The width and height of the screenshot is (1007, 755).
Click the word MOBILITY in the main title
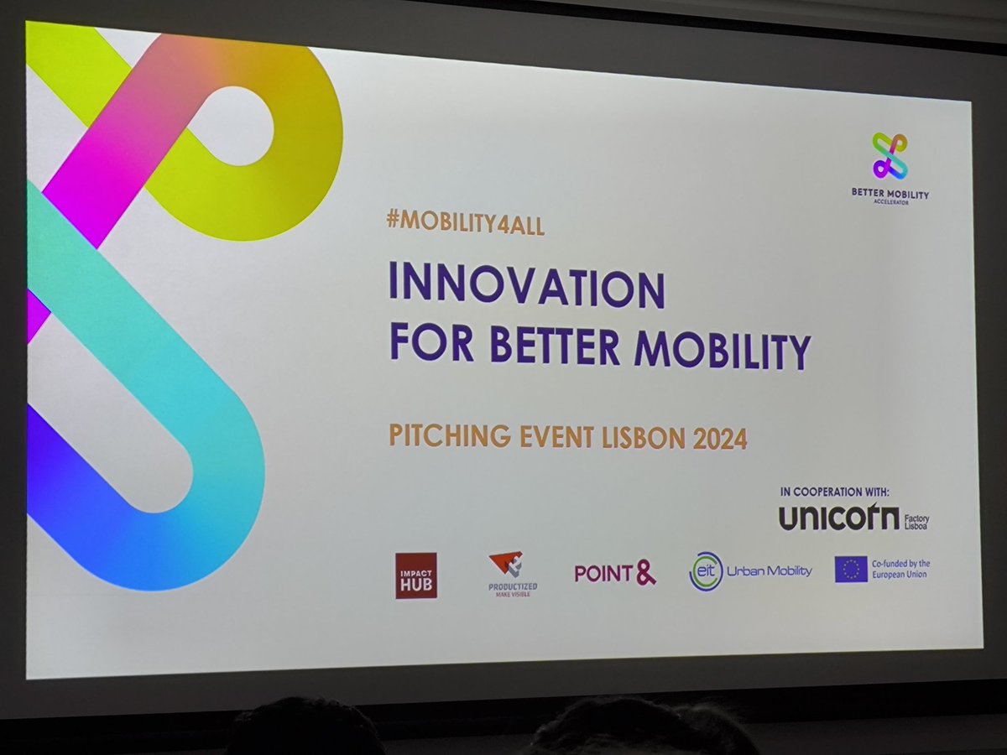[723, 350]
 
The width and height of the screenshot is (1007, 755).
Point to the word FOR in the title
[430, 342]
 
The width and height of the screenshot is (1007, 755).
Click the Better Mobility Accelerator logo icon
[890, 156]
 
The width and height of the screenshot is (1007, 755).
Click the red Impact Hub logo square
[416, 575]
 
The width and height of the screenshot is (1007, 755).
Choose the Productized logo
[512, 573]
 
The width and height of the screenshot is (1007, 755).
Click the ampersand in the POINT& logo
[644, 572]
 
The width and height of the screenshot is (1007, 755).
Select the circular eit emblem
[705, 571]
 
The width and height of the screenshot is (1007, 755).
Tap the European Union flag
[851, 569]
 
